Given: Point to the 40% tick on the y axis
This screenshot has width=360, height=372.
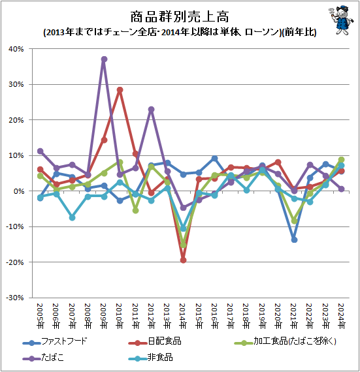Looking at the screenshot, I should tap(16, 49).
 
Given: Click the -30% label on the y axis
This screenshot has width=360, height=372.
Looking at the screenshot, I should tap(14, 298).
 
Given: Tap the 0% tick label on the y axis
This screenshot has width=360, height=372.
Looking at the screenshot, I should tap(18, 191).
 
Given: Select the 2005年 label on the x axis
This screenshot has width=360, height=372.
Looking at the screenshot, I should tap(41, 313).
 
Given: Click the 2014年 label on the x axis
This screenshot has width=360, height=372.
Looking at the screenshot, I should tap(184, 313).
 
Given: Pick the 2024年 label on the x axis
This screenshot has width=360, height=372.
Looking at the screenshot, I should tap(341, 313).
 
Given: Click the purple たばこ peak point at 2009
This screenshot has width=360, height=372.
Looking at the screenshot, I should tap(104, 59).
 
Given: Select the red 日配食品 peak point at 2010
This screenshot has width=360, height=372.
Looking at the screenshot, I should tap(120, 90).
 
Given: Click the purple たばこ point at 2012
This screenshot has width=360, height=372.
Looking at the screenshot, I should tap(152, 110).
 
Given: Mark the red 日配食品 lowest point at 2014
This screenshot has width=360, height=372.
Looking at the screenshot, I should tap(183, 260).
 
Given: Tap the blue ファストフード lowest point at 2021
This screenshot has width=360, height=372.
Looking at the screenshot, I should tap(294, 240).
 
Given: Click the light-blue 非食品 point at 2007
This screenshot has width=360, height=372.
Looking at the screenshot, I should tap(73, 217).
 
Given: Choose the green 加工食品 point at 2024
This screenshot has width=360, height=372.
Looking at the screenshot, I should tap(341, 160).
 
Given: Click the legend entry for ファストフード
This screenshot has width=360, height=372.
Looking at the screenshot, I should tap(62, 341).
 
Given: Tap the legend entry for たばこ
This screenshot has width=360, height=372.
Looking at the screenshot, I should tap(52, 358).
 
